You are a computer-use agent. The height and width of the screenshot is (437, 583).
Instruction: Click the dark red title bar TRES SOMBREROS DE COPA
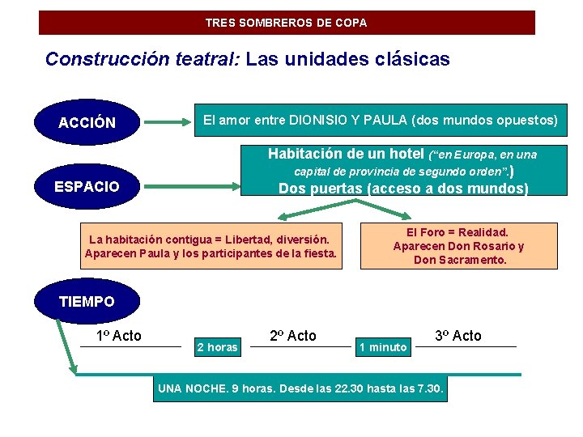point(287,23)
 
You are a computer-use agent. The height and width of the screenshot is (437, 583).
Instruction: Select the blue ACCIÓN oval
point(87,123)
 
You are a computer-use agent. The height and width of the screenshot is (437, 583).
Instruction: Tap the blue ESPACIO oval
point(87,187)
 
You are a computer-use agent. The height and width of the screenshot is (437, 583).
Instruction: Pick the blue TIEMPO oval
point(87,302)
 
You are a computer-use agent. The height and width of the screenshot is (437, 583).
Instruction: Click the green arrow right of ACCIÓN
point(168,123)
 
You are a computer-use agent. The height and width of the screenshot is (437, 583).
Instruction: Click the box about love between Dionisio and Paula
point(380,121)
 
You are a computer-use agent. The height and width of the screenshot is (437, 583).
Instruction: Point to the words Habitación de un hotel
point(346,154)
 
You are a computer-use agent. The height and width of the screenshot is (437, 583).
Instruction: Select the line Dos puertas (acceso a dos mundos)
point(403,189)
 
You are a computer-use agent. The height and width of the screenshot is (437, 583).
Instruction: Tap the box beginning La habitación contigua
point(210,247)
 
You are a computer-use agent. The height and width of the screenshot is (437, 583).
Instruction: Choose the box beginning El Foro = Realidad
point(458,246)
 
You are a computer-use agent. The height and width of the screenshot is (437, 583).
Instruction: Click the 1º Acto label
point(119,336)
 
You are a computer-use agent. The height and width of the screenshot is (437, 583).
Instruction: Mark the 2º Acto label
point(292,336)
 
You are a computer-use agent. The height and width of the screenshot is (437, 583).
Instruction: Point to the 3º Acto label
point(458,335)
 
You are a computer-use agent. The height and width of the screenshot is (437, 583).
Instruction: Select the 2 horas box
point(218,347)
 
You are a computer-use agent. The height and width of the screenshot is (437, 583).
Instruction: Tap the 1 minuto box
point(383,347)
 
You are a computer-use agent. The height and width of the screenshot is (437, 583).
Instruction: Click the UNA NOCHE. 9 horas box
point(301,388)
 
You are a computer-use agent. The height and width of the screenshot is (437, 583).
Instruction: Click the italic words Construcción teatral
point(142,59)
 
